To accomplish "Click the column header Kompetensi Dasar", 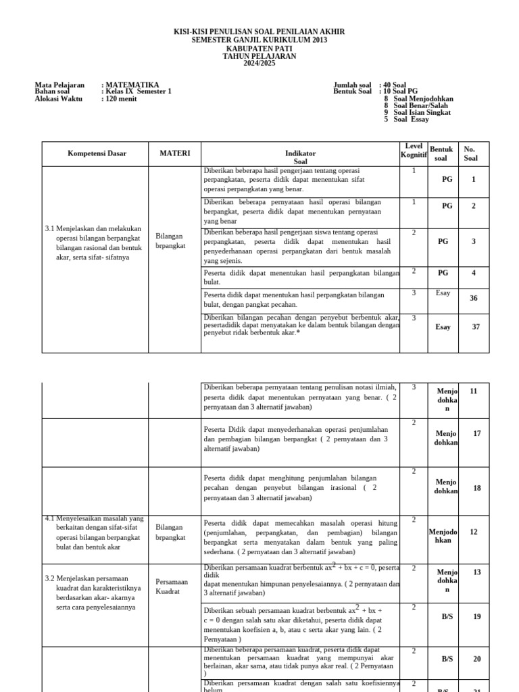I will (97, 154).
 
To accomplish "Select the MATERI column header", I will (175, 154).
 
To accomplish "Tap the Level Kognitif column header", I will (414, 151).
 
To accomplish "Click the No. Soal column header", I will (470, 153).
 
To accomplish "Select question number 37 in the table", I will (475, 327).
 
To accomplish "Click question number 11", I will (474, 391).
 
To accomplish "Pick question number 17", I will (477, 433).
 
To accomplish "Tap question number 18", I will (477, 488).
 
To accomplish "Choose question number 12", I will (474, 532).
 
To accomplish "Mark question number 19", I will (477, 617).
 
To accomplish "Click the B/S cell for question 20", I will (447, 659).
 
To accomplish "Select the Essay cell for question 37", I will (443, 327).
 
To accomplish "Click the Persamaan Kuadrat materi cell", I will (167, 586).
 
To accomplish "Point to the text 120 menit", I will (119, 99).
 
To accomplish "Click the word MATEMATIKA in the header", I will (130, 85).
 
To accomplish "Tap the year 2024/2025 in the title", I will (259, 64).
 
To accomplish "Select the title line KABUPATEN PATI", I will (259, 48).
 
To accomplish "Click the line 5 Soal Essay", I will (407, 119).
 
